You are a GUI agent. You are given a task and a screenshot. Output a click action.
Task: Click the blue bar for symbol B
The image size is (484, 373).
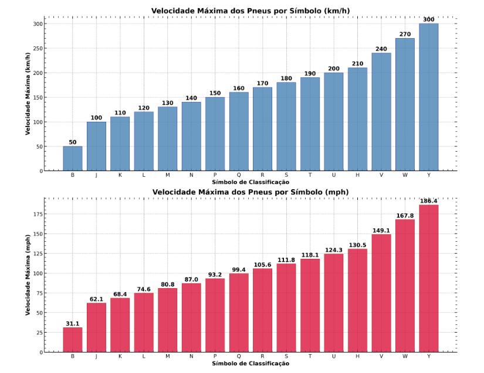[x=73, y=159]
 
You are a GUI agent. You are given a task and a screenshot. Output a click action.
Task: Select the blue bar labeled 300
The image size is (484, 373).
[x=428, y=97]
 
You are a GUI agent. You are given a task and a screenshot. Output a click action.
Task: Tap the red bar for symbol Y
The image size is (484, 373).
[x=428, y=278]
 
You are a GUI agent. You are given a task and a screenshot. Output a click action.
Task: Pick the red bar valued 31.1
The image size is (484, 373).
[x=73, y=340]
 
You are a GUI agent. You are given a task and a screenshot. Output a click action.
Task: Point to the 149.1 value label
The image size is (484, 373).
[x=381, y=230]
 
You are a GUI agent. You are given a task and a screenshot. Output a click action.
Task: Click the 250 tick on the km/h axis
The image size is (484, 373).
[x=38, y=49]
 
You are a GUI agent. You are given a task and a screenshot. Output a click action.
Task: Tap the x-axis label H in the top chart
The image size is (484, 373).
[x=357, y=175]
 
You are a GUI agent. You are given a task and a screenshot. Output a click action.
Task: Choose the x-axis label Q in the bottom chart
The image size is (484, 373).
[x=239, y=356]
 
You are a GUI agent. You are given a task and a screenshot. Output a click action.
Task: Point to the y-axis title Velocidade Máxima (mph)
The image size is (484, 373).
[x=27, y=275]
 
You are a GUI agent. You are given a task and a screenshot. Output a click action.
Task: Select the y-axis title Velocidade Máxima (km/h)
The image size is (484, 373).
[x=27, y=94]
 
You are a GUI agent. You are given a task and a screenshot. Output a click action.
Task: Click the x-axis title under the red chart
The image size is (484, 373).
[x=251, y=364]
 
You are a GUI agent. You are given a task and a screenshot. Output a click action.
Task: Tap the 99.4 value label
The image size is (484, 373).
[x=239, y=269]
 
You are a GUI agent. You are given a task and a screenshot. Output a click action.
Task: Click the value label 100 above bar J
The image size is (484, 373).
[x=96, y=118]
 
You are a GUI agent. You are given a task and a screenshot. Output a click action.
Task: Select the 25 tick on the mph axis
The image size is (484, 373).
[x=37, y=333]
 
